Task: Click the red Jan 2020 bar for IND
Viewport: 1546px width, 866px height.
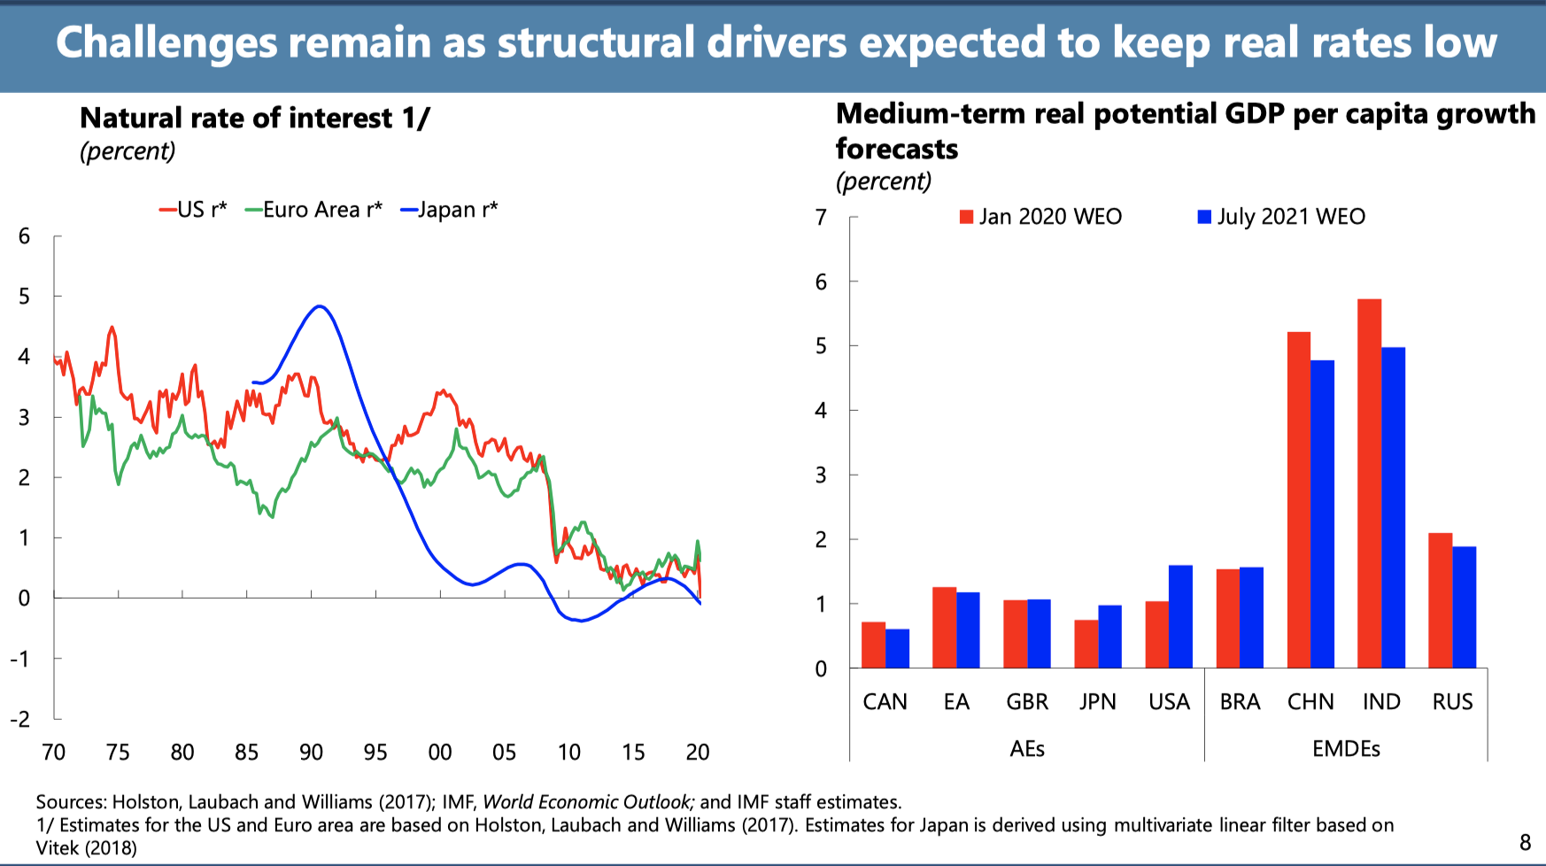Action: [1369, 483]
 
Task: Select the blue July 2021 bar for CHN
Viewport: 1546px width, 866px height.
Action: [1322, 514]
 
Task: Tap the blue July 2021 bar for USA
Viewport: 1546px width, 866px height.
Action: [1180, 616]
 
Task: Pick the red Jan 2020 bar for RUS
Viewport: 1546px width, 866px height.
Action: [1440, 600]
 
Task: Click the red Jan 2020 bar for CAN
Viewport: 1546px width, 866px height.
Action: [873, 645]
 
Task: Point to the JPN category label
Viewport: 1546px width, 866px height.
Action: [1097, 702]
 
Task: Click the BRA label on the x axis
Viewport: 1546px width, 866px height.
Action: [1240, 702]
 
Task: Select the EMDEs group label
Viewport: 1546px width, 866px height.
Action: [1346, 749]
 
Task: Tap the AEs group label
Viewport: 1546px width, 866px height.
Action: [1027, 749]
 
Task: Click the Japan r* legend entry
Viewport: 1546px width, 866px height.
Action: [449, 210]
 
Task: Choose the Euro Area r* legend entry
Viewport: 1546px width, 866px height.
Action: [313, 210]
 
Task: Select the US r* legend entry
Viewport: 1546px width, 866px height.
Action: [193, 210]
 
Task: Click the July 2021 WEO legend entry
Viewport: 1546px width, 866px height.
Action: [1281, 217]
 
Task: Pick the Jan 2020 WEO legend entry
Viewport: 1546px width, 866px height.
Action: [1041, 217]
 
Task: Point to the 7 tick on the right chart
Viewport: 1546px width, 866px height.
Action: [822, 218]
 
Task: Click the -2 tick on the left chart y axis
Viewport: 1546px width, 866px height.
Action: [19, 719]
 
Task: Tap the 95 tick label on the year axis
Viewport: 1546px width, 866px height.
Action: [375, 753]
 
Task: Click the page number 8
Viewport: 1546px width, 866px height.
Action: [1526, 842]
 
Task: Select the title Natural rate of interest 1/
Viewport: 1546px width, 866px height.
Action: [255, 118]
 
